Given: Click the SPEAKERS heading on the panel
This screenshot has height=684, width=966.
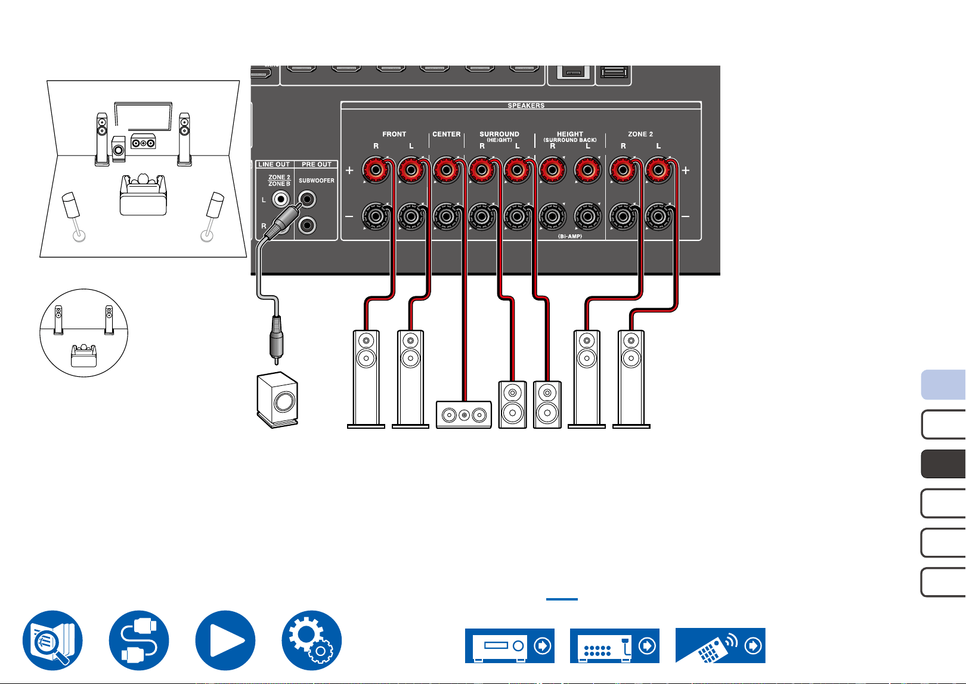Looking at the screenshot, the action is click(x=526, y=106).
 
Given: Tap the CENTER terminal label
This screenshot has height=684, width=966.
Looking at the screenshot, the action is click(x=447, y=134).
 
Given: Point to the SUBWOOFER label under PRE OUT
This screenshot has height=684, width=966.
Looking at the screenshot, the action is click(x=316, y=180).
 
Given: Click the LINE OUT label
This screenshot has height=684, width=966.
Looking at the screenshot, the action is click(x=274, y=165).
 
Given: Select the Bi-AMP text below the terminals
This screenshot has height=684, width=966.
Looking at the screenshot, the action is click(x=569, y=236).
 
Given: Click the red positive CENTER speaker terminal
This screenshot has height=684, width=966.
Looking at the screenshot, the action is click(x=447, y=171).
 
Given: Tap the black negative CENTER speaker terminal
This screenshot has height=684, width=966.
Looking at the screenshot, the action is click(x=447, y=216).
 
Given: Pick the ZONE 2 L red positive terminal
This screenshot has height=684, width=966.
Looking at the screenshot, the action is click(x=658, y=171).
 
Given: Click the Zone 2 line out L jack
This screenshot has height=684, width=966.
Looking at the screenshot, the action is click(x=281, y=199).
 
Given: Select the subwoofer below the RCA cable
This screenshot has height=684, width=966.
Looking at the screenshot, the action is click(x=277, y=400).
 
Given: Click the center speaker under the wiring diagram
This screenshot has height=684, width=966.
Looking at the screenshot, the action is click(x=463, y=414).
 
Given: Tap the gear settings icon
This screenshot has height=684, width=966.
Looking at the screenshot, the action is click(x=311, y=640).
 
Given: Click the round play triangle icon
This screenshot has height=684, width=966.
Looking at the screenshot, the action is click(x=225, y=640).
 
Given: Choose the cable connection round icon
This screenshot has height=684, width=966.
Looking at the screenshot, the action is click(x=139, y=640).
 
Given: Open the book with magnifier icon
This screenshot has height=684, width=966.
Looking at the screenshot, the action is click(x=52, y=640).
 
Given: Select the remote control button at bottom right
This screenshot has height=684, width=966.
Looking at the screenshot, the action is click(x=720, y=645).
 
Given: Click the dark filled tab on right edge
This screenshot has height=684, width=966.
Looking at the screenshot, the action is click(x=943, y=463).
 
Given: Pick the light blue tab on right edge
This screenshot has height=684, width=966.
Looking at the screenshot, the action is click(x=943, y=384).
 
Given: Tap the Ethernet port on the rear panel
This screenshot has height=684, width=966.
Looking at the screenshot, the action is click(x=572, y=72).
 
